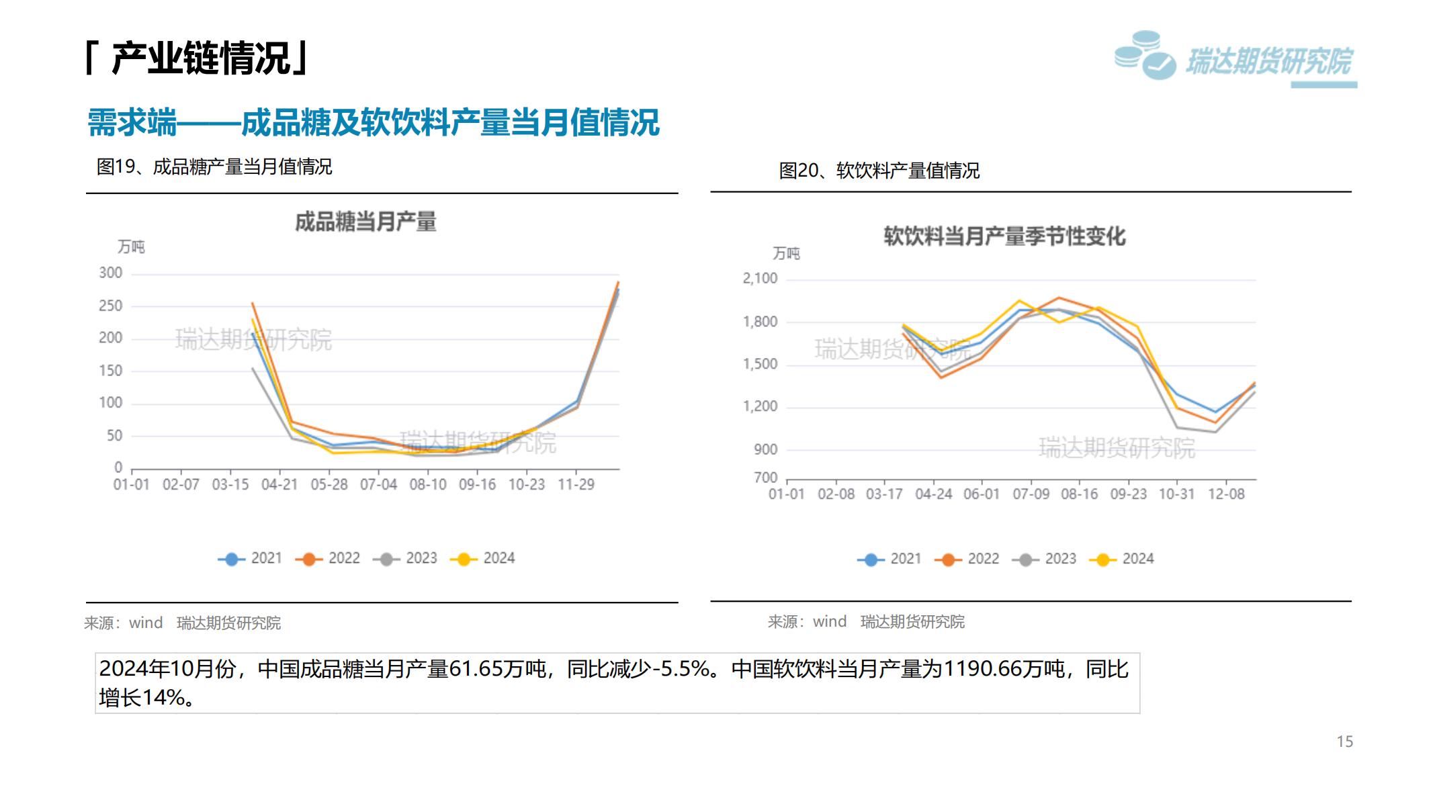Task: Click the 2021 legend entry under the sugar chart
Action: (x=250, y=558)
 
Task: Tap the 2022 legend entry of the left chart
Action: (x=327, y=558)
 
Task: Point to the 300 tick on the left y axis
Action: (x=111, y=273)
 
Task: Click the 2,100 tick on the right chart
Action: (x=760, y=278)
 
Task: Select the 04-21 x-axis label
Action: (x=279, y=484)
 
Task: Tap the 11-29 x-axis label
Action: (x=576, y=484)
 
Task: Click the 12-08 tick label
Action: (x=1226, y=494)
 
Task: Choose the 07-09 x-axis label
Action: (x=1031, y=494)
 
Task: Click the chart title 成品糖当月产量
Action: (x=365, y=222)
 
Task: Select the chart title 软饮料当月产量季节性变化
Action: (x=1004, y=236)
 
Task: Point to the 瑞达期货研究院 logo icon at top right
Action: (x=1145, y=56)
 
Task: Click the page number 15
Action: (x=1344, y=742)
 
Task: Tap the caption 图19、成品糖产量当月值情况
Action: (x=214, y=167)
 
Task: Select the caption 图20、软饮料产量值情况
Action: (x=879, y=171)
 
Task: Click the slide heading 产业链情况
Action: (x=200, y=58)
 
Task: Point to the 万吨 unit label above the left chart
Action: (x=131, y=247)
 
